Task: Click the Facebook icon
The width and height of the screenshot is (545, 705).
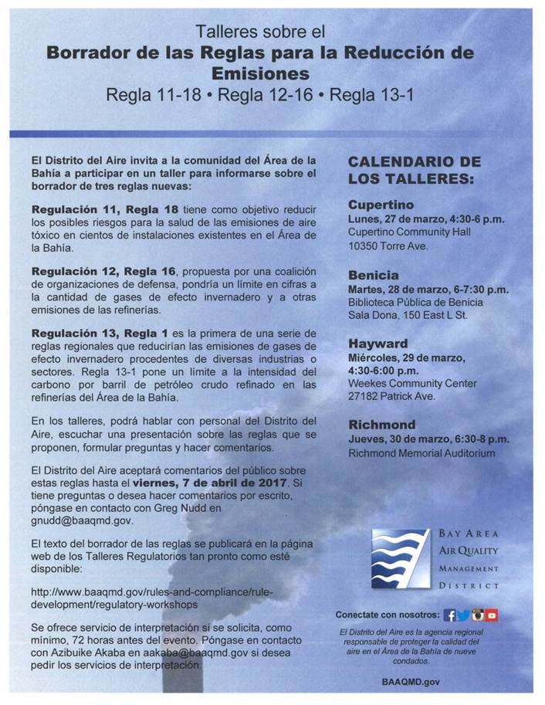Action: (449, 615)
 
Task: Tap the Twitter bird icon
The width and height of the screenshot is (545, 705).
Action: (463, 615)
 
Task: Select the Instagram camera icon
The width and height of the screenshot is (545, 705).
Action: (478, 615)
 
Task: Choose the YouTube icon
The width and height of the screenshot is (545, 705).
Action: (492, 615)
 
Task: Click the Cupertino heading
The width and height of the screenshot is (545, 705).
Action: (381, 205)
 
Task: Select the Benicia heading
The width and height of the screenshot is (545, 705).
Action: (374, 275)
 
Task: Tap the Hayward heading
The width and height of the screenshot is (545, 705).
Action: (377, 343)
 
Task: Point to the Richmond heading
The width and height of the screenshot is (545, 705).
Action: (381, 424)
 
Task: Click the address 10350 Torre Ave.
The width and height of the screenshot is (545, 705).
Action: (388, 246)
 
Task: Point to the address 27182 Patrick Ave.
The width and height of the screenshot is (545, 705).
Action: (391, 396)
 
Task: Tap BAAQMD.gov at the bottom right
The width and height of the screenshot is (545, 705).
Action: (411, 683)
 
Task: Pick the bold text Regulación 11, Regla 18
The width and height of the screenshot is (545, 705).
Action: (105, 209)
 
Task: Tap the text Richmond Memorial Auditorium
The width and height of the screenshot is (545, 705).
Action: (421, 452)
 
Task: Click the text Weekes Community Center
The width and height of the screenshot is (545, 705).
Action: (412, 383)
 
